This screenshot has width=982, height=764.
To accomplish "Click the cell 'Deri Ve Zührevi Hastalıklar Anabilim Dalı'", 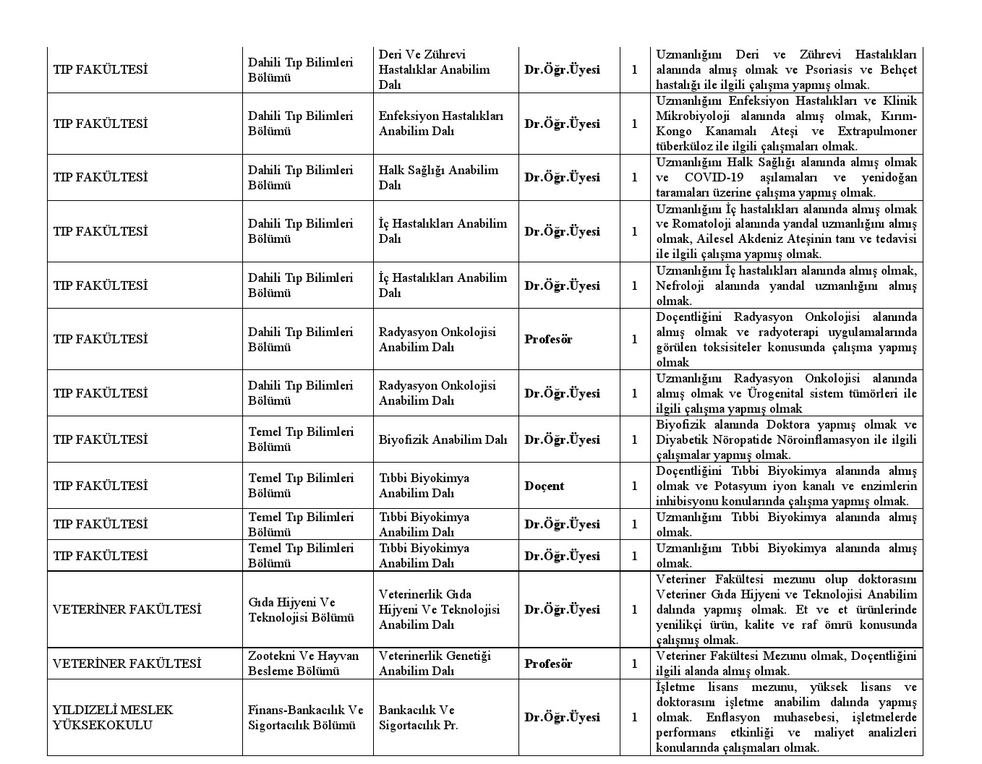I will click(x=434, y=69).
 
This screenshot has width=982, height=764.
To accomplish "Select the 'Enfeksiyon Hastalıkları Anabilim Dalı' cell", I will click(x=440, y=124).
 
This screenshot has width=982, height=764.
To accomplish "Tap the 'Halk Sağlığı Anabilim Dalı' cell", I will click(x=438, y=177).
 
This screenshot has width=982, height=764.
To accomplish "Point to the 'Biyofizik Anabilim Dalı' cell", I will click(x=443, y=439).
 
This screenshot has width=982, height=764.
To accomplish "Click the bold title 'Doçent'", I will click(x=544, y=486).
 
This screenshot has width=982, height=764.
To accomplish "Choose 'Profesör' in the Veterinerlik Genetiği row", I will click(x=548, y=664).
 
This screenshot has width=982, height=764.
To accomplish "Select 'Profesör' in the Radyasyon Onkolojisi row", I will click(x=548, y=339).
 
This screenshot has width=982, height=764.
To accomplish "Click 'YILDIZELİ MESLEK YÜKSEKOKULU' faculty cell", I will click(x=113, y=717).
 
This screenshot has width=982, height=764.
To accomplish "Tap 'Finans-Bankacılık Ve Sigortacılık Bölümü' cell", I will click(x=305, y=717).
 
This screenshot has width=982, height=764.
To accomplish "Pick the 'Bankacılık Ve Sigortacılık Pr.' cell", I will click(x=419, y=717).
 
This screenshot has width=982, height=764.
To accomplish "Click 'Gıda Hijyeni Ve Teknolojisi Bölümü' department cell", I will click(x=301, y=609).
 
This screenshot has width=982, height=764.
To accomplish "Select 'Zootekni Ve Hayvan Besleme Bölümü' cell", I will click(x=303, y=664).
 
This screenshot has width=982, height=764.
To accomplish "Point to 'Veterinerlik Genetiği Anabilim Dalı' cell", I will click(x=435, y=664).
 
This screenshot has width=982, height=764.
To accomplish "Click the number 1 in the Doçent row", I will click(x=635, y=486).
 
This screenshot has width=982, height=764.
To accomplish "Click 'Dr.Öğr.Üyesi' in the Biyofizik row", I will click(x=562, y=439).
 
